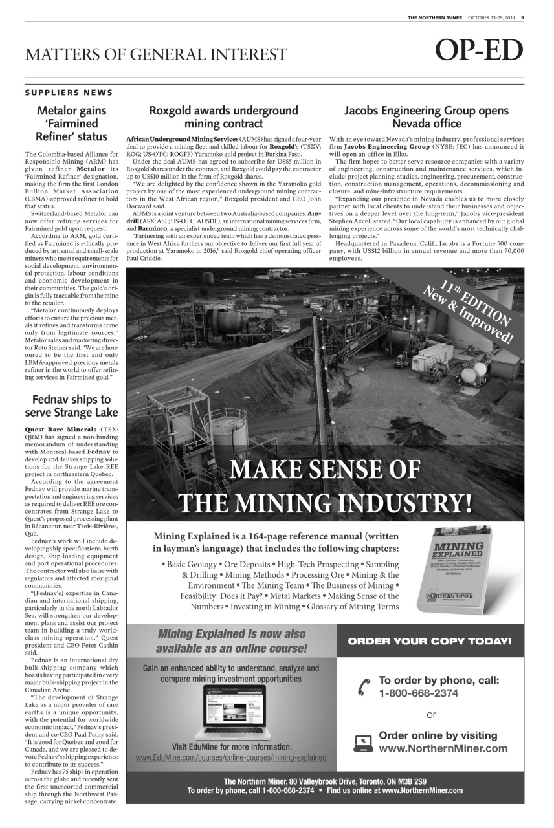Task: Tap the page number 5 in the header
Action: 522,17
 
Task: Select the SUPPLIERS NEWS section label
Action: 69,93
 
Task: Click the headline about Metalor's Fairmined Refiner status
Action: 71,124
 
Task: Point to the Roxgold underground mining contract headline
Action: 223,117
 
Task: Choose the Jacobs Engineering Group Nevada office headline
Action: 426,117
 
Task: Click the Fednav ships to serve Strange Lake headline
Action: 71,406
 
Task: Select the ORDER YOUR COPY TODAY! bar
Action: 430,642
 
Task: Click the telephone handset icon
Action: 364,687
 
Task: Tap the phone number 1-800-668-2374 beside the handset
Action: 418,693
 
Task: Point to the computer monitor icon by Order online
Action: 364,743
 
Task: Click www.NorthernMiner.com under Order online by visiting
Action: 443,748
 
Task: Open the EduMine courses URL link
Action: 230,757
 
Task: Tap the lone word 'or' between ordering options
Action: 431,715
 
